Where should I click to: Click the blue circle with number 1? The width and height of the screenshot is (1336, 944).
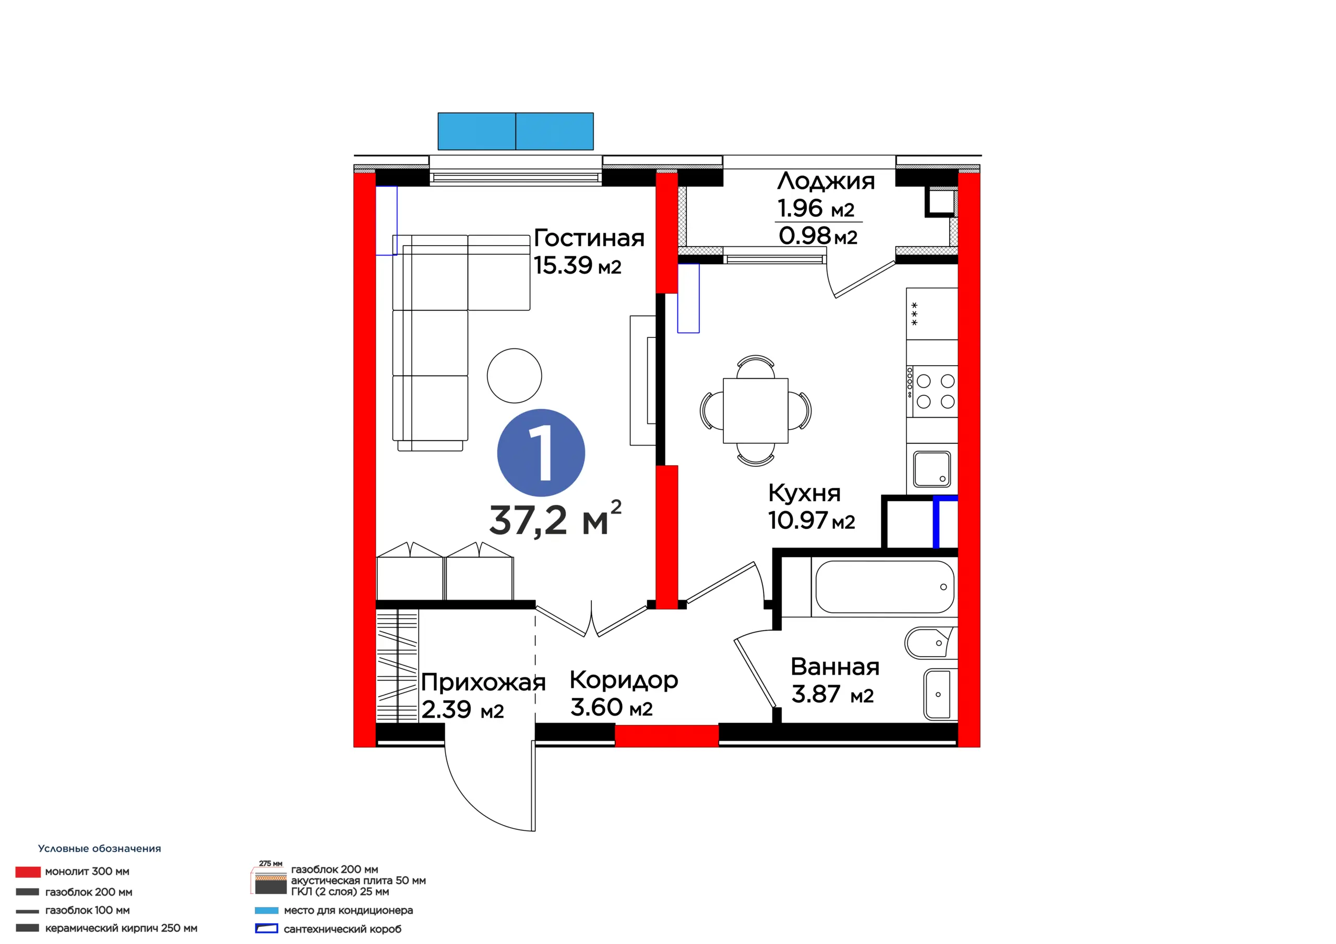click(541, 453)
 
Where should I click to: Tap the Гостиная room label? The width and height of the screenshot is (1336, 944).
click(589, 238)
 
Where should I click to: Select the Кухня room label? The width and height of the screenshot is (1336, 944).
click(804, 493)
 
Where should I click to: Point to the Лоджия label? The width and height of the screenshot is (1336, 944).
click(826, 181)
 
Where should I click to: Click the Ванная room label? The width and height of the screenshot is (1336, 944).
click(834, 667)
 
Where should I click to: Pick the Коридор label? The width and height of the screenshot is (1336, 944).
click(624, 681)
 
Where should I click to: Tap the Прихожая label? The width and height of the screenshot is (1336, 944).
click(483, 683)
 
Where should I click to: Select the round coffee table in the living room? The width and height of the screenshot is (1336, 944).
click(515, 376)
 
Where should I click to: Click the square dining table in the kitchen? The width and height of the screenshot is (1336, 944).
click(755, 410)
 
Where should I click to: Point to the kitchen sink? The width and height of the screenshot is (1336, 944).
click(932, 469)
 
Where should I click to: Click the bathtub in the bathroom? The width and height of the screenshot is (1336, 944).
click(885, 587)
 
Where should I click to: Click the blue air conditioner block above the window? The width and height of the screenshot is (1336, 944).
click(516, 131)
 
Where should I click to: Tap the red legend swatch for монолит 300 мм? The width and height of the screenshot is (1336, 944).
click(28, 872)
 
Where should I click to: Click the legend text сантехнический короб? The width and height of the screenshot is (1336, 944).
click(342, 929)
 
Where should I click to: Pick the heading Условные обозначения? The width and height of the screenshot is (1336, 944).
click(100, 849)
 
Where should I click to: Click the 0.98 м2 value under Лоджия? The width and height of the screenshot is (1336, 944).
click(818, 236)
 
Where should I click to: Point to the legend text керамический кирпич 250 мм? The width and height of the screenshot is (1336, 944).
click(121, 928)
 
